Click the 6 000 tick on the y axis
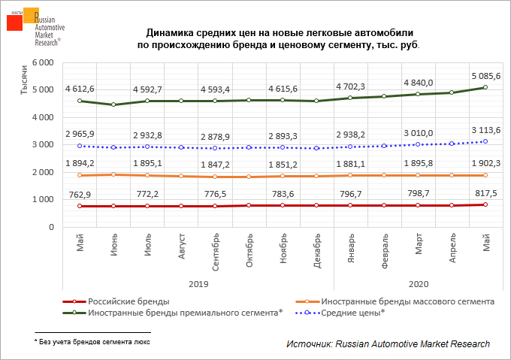pos(41,63)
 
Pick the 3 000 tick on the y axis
pos(41,145)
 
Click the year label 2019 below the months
pos(197,285)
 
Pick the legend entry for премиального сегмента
pos(185,313)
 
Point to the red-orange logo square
pos(15,23)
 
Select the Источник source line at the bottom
pos(388,343)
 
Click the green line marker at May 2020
pos(485,87)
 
